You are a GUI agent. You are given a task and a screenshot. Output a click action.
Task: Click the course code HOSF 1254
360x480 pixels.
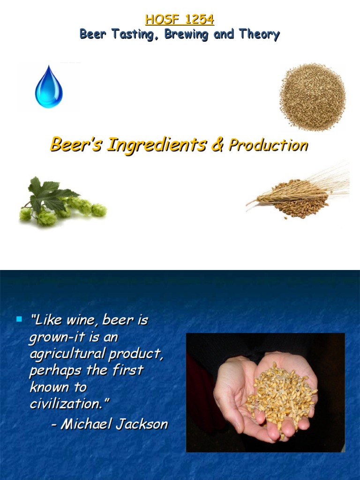coord(180,20)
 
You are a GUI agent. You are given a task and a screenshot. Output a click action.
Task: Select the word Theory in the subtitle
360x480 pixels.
coord(259,34)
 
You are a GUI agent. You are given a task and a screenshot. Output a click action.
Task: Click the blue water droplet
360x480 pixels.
coord(49,88)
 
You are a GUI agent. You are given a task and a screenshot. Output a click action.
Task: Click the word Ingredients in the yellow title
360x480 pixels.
coord(157,145)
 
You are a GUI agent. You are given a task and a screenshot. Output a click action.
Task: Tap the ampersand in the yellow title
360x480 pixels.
coord(217,145)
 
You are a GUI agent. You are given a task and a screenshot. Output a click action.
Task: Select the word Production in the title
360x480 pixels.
coord(268,145)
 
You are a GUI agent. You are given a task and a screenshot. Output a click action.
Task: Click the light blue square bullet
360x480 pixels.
coord(19,320)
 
